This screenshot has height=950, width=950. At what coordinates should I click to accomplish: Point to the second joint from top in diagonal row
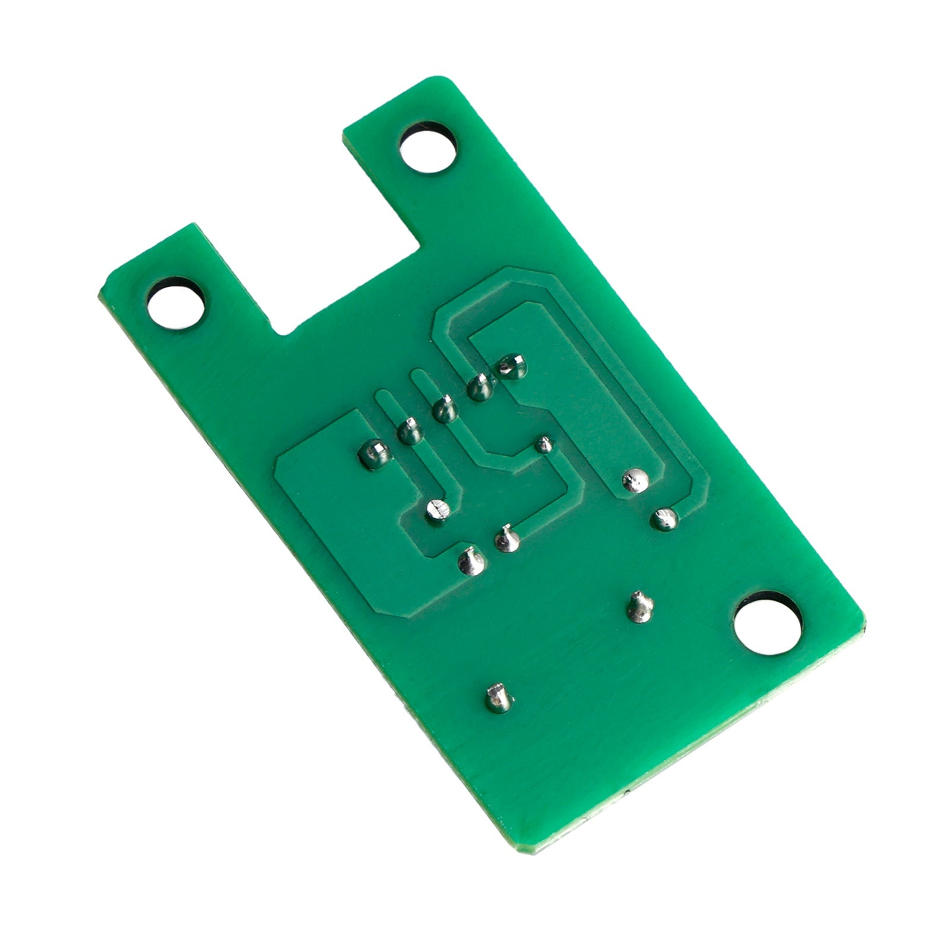tap(479, 388)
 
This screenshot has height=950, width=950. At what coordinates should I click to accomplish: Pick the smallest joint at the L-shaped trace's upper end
tap(543, 445)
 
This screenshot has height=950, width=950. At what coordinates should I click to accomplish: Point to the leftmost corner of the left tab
tap(100, 291)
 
